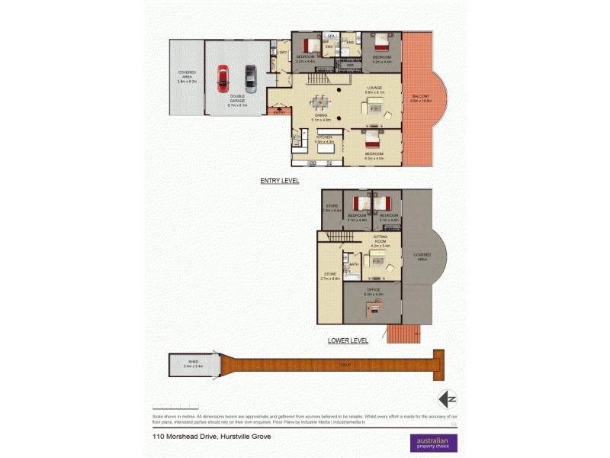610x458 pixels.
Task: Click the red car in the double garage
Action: pyautogui.click(x=223, y=78)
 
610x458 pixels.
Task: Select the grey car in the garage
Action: pyautogui.click(x=250, y=78)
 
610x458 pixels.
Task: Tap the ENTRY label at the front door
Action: pyautogui.click(x=280, y=111)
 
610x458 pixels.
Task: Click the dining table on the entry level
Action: pyautogui.click(x=322, y=101)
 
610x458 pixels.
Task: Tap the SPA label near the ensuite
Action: pyautogui.click(x=332, y=36)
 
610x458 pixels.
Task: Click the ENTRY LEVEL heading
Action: pyautogui.click(x=279, y=181)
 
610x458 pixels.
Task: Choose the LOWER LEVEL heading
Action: pyautogui.click(x=348, y=340)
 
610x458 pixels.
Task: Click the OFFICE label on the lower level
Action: pyautogui.click(x=374, y=290)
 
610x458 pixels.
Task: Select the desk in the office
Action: pyautogui.click(x=373, y=307)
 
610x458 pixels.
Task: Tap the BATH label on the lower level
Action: pyautogui.click(x=354, y=264)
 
